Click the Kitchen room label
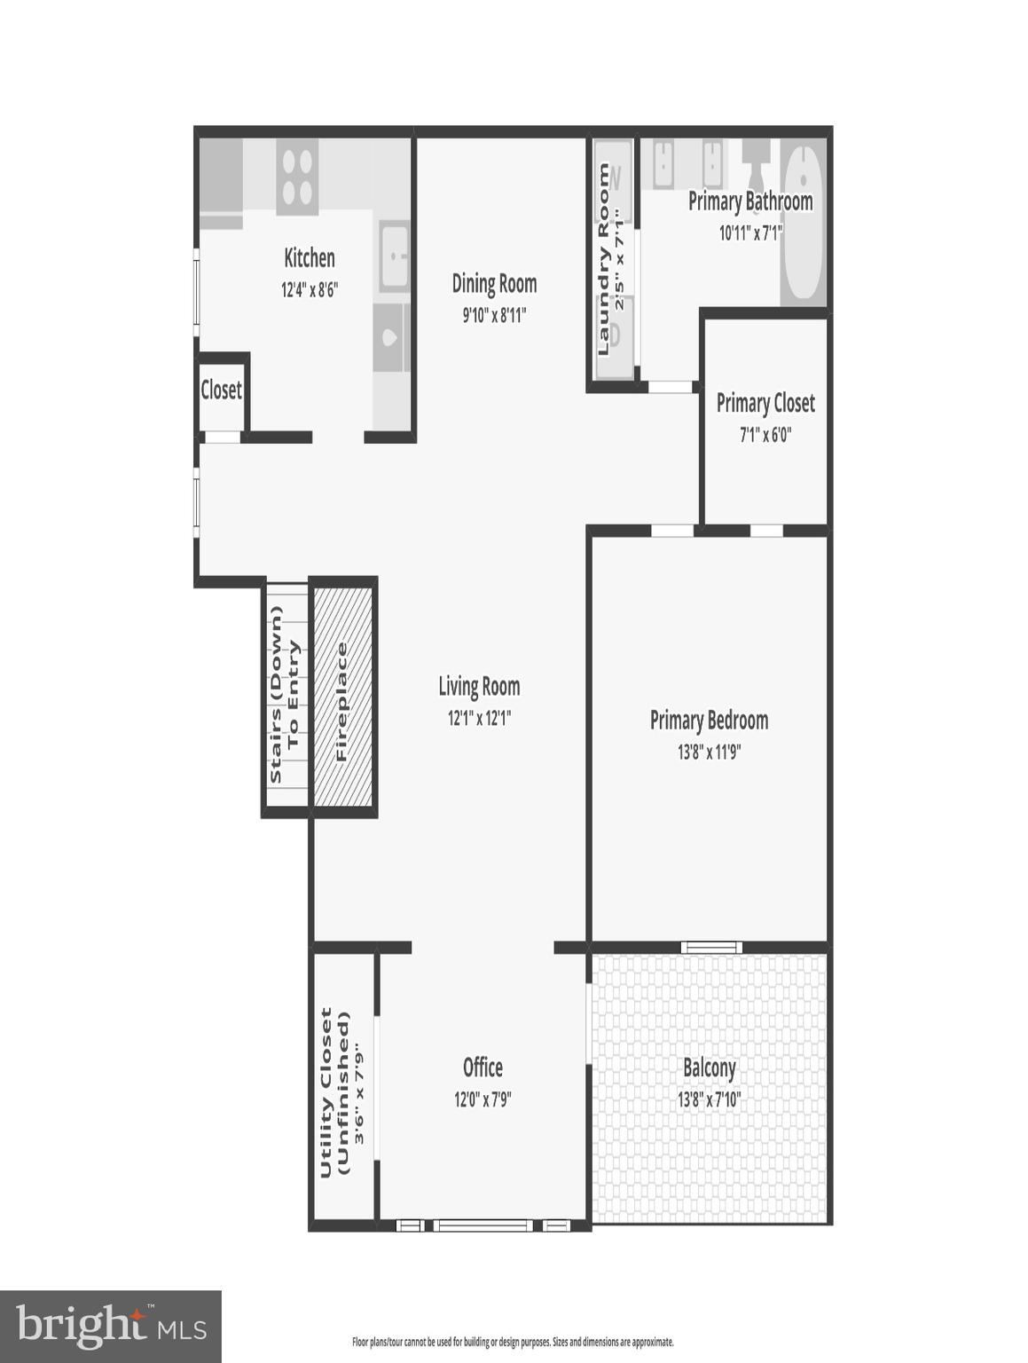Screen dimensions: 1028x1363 (x=309, y=257)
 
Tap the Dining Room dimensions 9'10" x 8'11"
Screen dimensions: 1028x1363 (x=494, y=315)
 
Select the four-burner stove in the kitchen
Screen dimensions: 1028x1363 (x=297, y=177)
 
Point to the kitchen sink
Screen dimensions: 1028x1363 (x=394, y=256)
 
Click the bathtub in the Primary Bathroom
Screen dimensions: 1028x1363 (x=804, y=222)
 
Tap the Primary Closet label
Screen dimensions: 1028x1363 (x=765, y=403)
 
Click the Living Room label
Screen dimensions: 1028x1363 (x=479, y=686)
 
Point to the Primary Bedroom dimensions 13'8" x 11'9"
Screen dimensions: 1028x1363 (x=709, y=752)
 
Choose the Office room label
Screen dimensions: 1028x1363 (x=483, y=1068)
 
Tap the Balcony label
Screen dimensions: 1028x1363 (x=709, y=1068)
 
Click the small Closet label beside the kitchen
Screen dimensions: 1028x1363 (x=221, y=390)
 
